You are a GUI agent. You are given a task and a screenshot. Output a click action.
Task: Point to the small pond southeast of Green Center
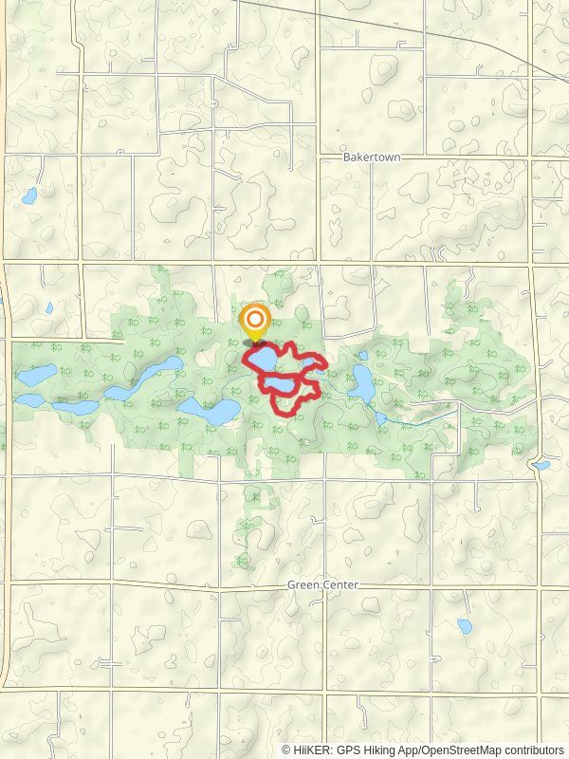[465, 626]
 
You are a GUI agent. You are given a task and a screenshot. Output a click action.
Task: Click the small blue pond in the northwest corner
[29, 196]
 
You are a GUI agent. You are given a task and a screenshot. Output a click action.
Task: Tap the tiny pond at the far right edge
[541, 466]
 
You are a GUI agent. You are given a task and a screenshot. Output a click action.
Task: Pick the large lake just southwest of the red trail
[211, 411]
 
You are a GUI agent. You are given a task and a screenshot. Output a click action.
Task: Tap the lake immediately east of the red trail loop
[361, 382]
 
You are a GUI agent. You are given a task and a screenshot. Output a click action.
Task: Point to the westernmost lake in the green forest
[36, 375]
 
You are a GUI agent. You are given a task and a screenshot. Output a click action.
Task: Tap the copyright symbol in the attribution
[287, 750]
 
